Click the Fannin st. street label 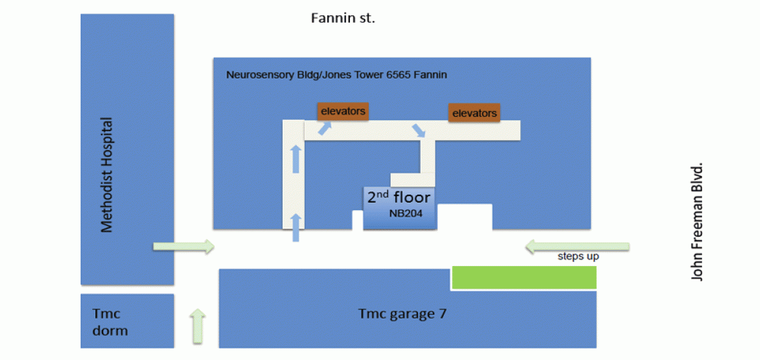tap(343, 18)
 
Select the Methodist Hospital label tap(107, 175)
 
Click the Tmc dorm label tap(110, 321)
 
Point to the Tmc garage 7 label tap(402, 313)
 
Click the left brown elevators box tap(343, 111)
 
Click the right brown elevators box tap(474, 113)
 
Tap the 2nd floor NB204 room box tap(399, 207)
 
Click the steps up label tap(578, 256)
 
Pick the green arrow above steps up tap(577, 247)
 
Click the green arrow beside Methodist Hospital tap(184, 247)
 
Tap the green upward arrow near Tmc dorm tap(198, 326)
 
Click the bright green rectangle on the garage tap(524, 277)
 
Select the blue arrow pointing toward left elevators tap(324, 128)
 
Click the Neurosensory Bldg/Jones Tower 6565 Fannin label tap(337, 75)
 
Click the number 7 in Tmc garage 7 tap(442, 313)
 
